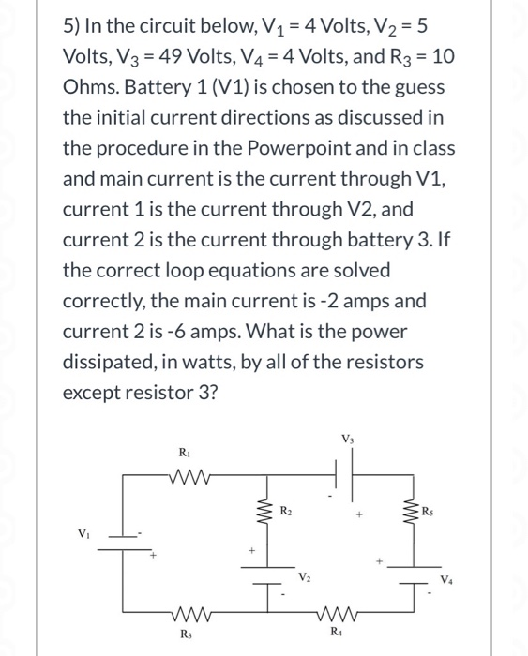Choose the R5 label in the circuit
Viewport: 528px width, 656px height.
click(x=429, y=513)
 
